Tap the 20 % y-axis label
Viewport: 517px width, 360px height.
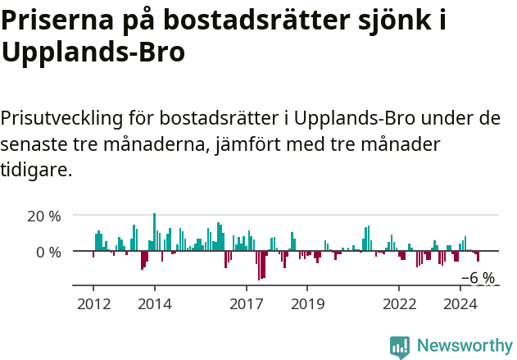coord(44,216)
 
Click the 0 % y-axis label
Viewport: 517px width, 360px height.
coord(48,252)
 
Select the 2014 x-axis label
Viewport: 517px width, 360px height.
coord(154,304)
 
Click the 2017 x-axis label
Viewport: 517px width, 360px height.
coord(246,304)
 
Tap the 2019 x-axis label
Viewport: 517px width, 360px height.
coord(307,304)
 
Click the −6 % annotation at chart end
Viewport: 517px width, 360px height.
coord(478,278)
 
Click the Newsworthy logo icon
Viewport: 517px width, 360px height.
coord(400,346)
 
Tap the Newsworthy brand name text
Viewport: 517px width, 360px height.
coord(464,346)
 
